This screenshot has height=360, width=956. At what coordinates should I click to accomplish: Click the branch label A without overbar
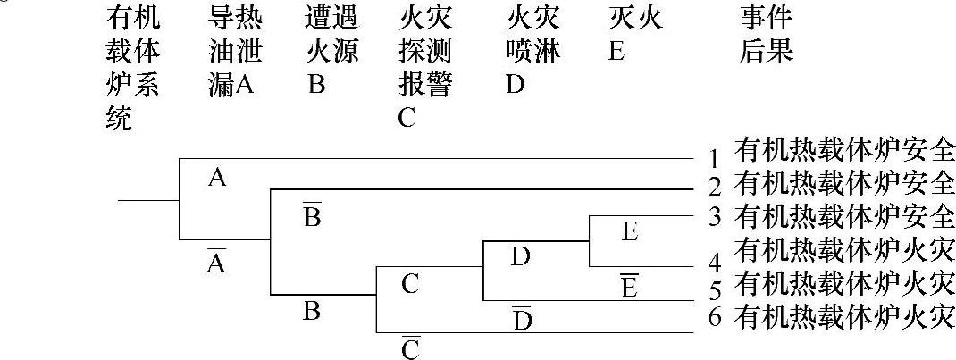pyautogui.click(x=217, y=179)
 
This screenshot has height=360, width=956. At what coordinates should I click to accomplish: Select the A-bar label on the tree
pyautogui.click(x=217, y=260)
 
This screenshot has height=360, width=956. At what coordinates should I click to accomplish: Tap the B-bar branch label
pyautogui.click(x=312, y=215)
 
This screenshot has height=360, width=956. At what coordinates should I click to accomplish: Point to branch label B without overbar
pyautogui.click(x=312, y=312)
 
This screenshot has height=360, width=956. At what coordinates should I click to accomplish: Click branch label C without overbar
pyautogui.click(x=410, y=285)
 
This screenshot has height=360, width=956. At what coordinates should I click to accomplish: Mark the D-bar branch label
pyautogui.click(x=522, y=318)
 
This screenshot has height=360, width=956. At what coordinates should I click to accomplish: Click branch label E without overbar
pyautogui.click(x=629, y=232)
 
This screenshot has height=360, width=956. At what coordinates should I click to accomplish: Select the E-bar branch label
pyautogui.click(x=629, y=287)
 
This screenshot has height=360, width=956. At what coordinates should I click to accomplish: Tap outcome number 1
pyautogui.click(x=714, y=161)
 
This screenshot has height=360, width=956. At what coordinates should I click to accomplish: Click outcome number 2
pyautogui.click(x=714, y=188)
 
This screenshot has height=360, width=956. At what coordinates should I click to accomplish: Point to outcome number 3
pyautogui.click(x=714, y=217)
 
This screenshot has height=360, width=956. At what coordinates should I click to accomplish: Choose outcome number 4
pyautogui.click(x=714, y=264)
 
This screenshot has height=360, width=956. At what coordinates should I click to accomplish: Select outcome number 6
pyautogui.click(x=714, y=317)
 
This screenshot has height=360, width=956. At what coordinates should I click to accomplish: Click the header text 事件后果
pyautogui.click(x=766, y=34)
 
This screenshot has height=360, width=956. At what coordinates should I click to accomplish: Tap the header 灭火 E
pyautogui.click(x=634, y=34)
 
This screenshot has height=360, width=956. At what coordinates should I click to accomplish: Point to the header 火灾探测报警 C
pyautogui.click(x=425, y=68)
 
